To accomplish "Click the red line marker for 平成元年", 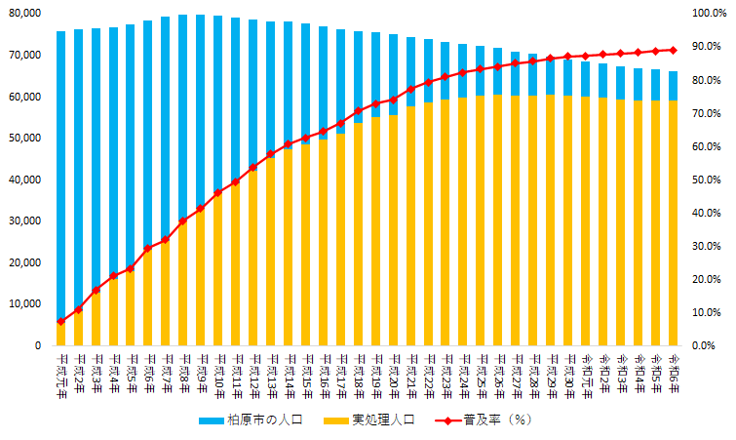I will point(60,321).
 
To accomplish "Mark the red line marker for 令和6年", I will point(673,50).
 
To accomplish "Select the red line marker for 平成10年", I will point(217,192).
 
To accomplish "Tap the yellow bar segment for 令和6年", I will point(673,224).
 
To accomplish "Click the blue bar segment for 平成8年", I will point(183,117).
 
